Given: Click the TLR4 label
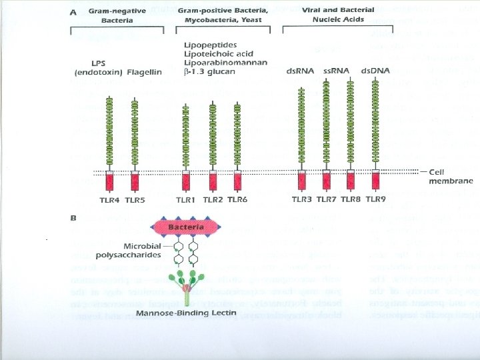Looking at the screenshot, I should coord(110,199).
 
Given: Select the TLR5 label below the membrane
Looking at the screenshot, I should coord(135,199).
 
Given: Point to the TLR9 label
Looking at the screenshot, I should coord(375,199).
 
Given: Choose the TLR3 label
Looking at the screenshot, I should coord(302,199).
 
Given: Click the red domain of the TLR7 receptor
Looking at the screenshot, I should coord(327,181).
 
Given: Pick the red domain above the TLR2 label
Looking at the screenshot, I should coord(213,181).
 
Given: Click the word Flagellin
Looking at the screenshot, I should coord(143,72).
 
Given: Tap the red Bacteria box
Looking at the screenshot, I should coord(186,228).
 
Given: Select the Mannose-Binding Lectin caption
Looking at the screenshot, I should coord(187,313).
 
